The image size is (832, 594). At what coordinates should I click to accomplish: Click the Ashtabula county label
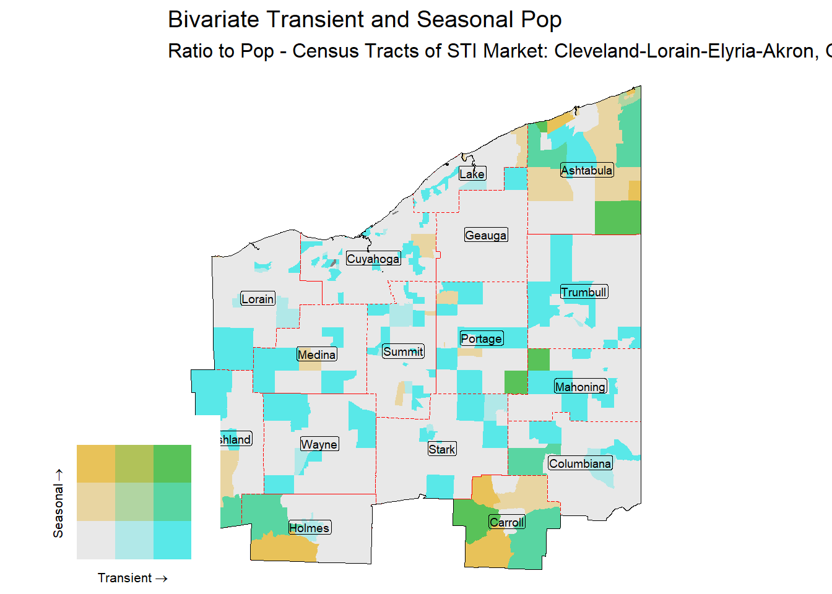point(587,170)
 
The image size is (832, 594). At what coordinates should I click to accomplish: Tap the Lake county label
point(472,174)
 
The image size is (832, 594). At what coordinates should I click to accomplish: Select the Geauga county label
point(486,235)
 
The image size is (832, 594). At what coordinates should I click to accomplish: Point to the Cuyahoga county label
point(373,259)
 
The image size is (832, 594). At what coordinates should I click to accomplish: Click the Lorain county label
point(257,299)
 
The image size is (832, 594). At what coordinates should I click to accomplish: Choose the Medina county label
point(316,355)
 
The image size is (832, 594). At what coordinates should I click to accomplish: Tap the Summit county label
point(403,351)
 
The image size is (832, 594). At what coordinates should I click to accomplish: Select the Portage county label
point(481,338)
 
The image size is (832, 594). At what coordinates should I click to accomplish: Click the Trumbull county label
point(584,292)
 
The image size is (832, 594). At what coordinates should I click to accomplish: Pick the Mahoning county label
point(580,387)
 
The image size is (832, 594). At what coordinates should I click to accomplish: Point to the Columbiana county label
point(580,463)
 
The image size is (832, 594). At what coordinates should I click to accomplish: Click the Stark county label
point(442,449)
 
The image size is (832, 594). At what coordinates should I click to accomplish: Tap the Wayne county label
point(319,444)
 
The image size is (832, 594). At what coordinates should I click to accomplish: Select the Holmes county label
point(310,528)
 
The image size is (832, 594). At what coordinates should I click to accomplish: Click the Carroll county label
point(507,522)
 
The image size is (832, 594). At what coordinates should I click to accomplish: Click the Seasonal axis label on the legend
point(58,502)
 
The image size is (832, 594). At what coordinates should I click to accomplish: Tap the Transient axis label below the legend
point(132,578)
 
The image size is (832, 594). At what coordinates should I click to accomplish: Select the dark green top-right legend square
point(172,463)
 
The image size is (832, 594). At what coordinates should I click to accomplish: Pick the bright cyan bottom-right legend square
point(172,540)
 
